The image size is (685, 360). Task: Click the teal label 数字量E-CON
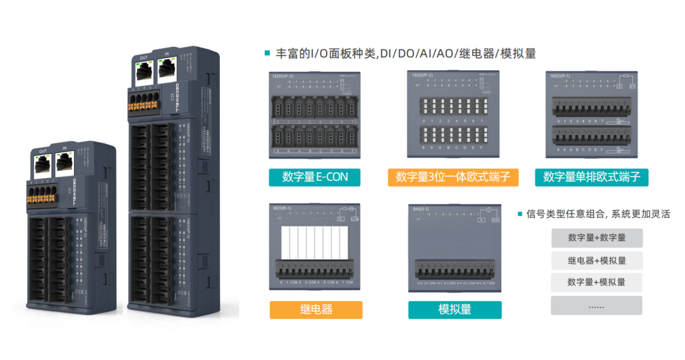pyautogui.click(x=315, y=177)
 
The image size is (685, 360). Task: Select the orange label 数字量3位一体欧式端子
pyautogui.click(x=453, y=177)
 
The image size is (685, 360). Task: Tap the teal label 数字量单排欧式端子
pyautogui.click(x=592, y=177)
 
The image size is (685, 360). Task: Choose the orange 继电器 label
pyautogui.click(x=316, y=309)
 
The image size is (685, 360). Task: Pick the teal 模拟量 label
pyautogui.click(x=455, y=309)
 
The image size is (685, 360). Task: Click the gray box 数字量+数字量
pyautogui.click(x=596, y=238)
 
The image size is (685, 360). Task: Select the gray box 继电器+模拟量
pyautogui.click(x=596, y=260)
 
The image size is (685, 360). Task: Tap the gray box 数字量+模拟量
pyautogui.click(x=596, y=282)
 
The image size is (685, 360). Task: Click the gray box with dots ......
pyautogui.click(x=596, y=306)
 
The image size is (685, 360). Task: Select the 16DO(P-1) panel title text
pyautogui.click(x=560, y=76)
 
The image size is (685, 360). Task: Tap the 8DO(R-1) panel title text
pyautogui.click(x=282, y=209)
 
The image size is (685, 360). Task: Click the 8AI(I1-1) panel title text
pyautogui.click(x=422, y=210)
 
